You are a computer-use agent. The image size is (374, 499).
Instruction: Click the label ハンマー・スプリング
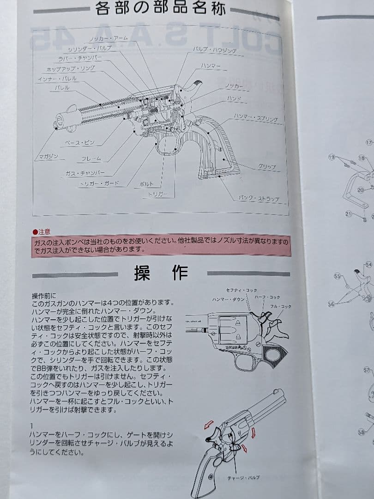click(x=255, y=118)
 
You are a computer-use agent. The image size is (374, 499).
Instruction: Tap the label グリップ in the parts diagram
click(x=267, y=166)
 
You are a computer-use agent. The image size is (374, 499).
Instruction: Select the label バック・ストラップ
click(x=259, y=199)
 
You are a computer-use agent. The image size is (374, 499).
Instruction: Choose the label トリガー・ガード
click(x=99, y=183)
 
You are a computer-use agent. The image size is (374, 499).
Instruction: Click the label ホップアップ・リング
click(x=71, y=69)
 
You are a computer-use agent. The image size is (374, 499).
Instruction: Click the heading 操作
click(x=161, y=273)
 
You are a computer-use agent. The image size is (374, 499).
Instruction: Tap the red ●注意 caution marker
click(x=42, y=232)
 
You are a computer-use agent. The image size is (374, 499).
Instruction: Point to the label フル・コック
click(x=281, y=306)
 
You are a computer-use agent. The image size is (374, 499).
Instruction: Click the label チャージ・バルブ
click(x=243, y=477)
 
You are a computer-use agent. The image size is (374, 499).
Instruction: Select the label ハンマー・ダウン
click(x=228, y=299)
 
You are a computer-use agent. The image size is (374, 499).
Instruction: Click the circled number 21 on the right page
click(x=349, y=214)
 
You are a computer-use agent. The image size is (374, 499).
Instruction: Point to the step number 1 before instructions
click(x=32, y=425)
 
